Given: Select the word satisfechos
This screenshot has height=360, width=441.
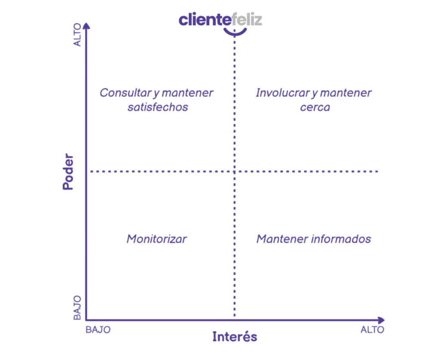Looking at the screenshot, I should [158, 107].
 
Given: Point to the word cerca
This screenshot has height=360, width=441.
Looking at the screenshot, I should [315, 107].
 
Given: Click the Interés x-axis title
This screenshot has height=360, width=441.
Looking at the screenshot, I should [234, 337].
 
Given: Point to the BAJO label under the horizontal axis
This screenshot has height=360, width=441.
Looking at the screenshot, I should [99, 330].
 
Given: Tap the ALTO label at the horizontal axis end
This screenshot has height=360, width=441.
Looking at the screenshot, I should [371, 330].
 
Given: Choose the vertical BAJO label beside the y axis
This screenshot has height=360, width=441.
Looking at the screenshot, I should [78, 307].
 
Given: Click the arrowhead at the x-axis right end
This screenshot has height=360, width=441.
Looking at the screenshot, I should [382, 320].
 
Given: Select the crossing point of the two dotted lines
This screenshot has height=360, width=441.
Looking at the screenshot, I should [234, 172].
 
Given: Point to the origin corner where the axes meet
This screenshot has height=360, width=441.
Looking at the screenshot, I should [88, 320].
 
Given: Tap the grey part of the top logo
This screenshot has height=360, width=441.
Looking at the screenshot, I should [248, 20].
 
